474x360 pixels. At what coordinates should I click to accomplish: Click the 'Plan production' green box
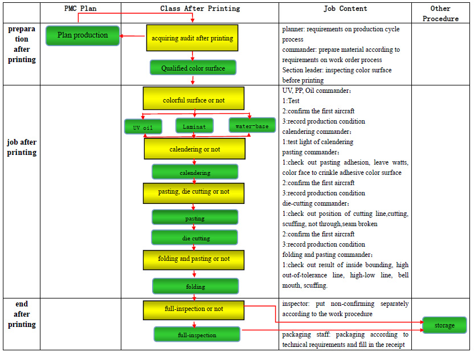coord(83,35)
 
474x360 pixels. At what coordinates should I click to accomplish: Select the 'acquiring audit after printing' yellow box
coord(192,39)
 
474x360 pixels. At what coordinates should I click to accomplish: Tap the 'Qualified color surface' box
coord(193,68)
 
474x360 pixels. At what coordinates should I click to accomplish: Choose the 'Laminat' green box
coord(195,126)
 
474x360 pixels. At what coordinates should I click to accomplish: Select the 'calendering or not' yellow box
coord(194,149)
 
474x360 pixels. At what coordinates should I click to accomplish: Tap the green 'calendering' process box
coord(195,172)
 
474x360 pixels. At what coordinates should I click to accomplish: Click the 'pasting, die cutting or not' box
coord(194,193)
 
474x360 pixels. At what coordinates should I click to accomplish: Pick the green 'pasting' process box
coord(195,218)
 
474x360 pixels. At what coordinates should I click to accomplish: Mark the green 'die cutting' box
coord(195,238)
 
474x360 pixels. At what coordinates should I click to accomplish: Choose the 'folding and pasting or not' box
coord(194,259)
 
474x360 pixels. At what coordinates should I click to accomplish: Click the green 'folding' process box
coord(195,286)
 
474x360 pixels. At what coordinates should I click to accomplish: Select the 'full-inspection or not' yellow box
coord(194,309)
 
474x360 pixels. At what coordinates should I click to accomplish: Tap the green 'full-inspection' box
coord(197,334)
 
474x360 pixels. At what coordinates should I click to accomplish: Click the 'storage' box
coord(444,325)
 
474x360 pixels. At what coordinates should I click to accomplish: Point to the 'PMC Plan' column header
coord(80,9)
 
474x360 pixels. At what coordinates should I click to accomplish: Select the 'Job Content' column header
coord(345,9)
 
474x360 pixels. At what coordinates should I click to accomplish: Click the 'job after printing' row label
coord(22,148)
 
